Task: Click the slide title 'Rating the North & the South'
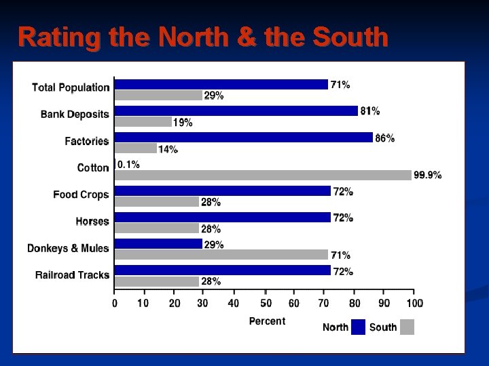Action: (x=203, y=37)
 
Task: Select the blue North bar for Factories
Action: (x=243, y=138)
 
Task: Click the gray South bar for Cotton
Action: (x=263, y=175)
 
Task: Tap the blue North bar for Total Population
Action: (x=221, y=85)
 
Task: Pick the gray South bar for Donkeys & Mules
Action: (x=221, y=255)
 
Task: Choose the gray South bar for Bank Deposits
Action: (x=143, y=122)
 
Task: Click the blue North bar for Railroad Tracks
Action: (x=222, y=270)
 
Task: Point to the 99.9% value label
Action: (x=428, y=175)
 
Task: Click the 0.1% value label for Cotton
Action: (x=128, y=164)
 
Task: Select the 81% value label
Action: (x=370, y=110)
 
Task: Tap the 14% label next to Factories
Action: (x=168, y=149)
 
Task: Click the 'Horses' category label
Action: (x=92, y=222)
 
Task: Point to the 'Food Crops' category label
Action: (x=81, y=195)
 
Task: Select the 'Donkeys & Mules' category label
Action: (x=68, y=248)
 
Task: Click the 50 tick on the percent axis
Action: (x=266, y=303)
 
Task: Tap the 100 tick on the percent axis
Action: (x=414, y=303)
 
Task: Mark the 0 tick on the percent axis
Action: (x=115, y=303)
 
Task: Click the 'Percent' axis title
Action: (x=267, y=321)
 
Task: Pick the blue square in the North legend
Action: (x=358, y=327)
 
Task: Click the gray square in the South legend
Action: (x=407, y=327)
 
